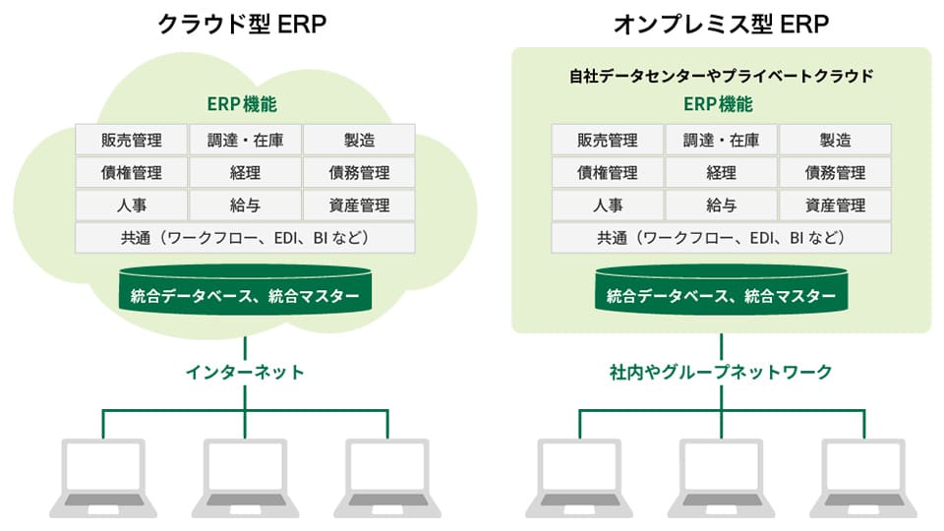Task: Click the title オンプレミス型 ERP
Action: click(x=720, y=25)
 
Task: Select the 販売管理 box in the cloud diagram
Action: click(x=131, y=140)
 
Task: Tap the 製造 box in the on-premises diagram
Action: click(x=835, y=140)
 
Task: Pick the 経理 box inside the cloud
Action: click(x=245, y=173)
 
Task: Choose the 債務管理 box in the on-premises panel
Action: click(x=835, y=173)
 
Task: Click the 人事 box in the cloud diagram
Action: click(x=131, y=206)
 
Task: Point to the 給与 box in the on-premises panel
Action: click(x=721, y=206)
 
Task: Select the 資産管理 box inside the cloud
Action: click(x=359, y=206)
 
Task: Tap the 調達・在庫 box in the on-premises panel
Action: click(x=721, y=140)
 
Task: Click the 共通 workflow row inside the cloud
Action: click(x=245, y=238)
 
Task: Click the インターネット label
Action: click(x=245, y=372)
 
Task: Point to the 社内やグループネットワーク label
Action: click(x=721, y=372)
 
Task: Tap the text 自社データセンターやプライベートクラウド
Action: click(x=721, y=76)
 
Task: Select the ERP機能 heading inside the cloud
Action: click(x=245, y=104)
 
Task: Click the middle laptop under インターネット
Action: click(x=245, y=477)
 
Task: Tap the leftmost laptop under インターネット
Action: click(x=103, y=477)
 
